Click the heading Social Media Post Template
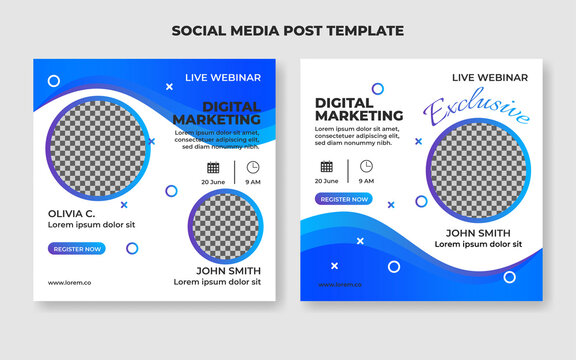(288, 30)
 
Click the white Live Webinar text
(223, 78)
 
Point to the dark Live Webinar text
(489, 77)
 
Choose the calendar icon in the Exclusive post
(327, 166)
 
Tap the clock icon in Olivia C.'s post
(253, 167)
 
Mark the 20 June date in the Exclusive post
(326, 181)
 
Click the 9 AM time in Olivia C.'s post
(253, 182)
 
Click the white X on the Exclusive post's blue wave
(334, 266)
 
